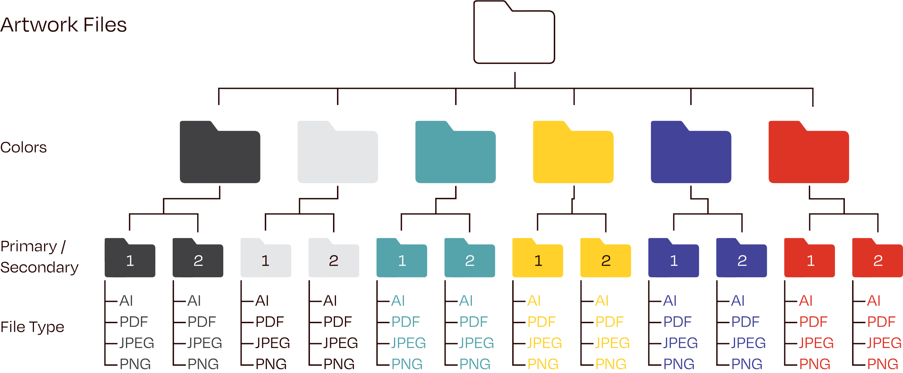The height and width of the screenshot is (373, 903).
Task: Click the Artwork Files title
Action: click(x=64, y=25)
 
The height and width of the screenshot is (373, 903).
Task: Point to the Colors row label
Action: click(x=23, y=147)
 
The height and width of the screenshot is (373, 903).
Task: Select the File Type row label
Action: click(x=33, y=327)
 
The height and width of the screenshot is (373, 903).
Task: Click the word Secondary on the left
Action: click(x=39, y=268)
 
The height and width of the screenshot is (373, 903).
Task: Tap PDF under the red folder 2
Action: click(x=881, y=322)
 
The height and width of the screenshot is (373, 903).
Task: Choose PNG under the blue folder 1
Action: click(x=679, y=364)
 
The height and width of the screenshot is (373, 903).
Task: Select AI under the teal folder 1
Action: click(x=398, y=301)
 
